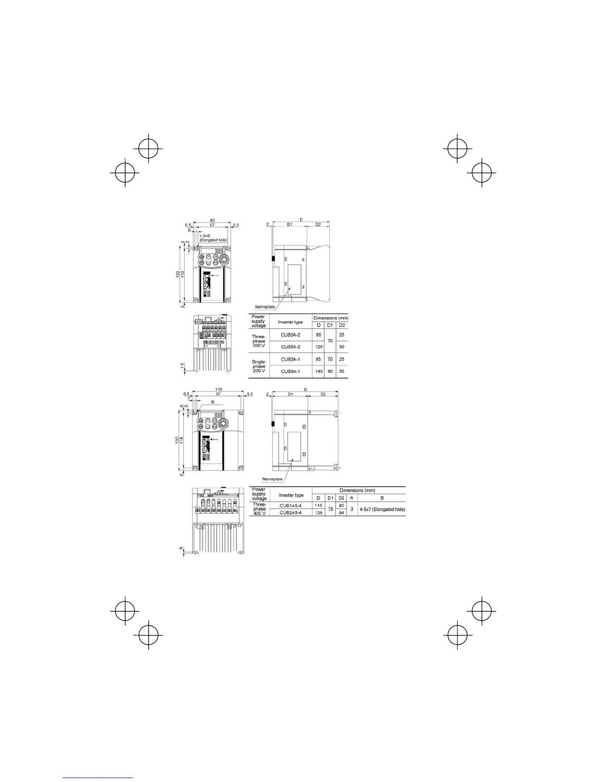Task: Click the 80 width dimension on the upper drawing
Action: click(212, 220)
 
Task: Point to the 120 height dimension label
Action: click(178, 274)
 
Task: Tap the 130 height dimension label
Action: click(177, 441)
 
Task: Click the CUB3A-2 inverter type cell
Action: click(291, 335)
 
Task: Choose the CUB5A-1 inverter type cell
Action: click(291, 371)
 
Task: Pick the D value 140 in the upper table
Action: click(318, 371)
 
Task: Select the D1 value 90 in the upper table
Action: click(330, 371)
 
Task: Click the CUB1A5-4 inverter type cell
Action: click(291, 506)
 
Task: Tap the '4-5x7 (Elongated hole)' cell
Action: click(382, 509)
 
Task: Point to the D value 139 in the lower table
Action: click(319, 513)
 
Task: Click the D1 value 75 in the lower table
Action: click(331, 509)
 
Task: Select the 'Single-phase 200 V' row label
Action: click(259, 366)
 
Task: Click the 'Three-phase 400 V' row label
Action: click(259, 509)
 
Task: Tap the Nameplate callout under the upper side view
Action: click(265, 307)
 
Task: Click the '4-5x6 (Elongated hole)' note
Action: click(213, 238)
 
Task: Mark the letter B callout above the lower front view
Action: click(213, 402)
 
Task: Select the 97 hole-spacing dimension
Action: click(218, 394)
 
